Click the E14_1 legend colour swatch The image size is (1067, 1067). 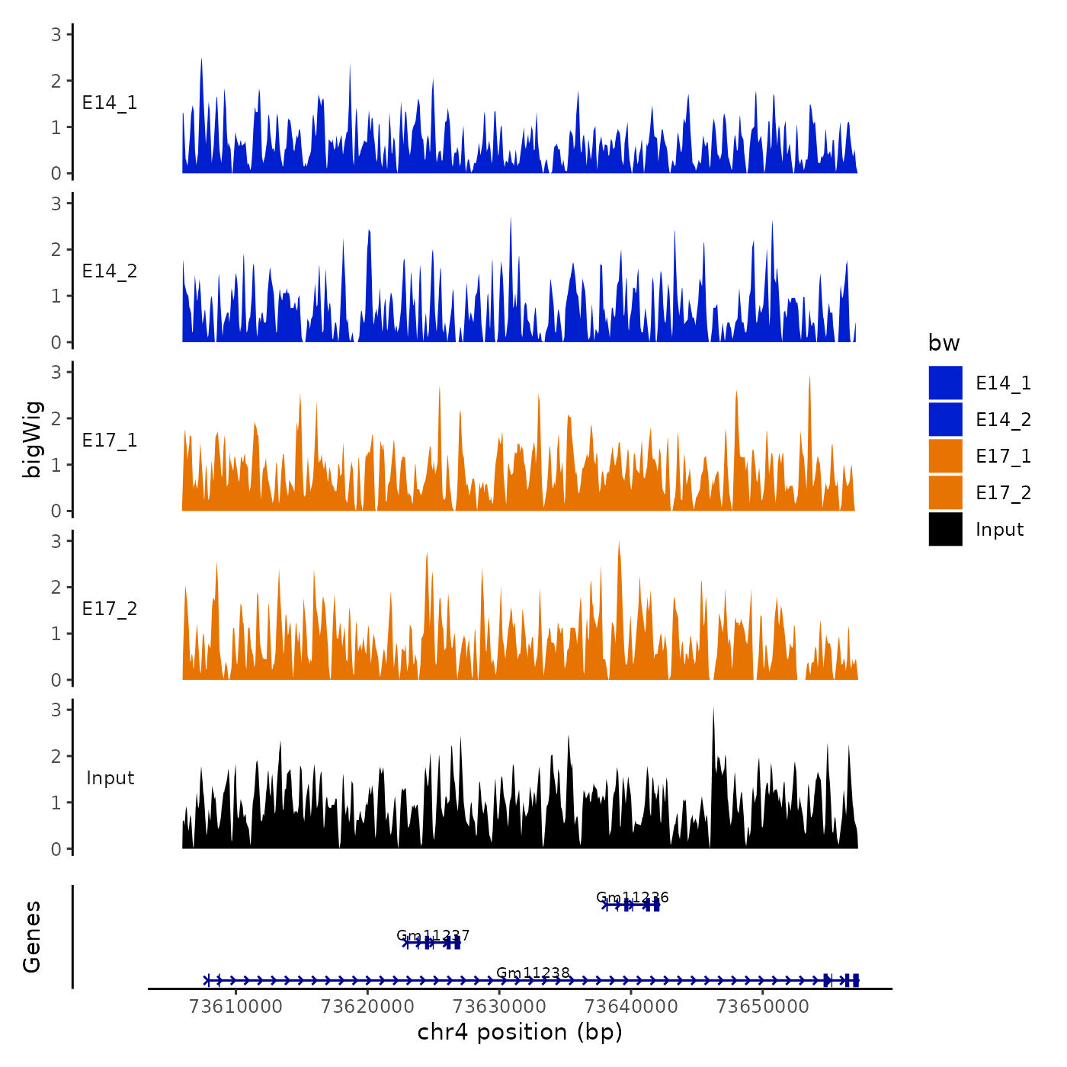945,383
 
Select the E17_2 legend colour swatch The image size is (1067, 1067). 945,492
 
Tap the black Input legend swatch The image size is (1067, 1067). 945,529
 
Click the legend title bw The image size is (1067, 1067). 944,343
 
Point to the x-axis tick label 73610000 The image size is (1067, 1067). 236,1006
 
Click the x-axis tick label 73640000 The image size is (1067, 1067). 631,1006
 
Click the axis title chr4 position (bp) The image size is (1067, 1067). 520,1032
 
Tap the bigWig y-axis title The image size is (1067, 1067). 32,439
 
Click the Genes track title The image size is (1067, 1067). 32,937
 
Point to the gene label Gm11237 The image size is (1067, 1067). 433,935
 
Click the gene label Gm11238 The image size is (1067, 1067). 533,972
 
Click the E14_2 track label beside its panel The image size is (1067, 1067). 110,271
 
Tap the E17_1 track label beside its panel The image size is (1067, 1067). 110,441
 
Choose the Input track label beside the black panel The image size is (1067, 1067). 110,778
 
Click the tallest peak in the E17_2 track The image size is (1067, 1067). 619,543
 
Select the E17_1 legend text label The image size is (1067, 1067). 1003,456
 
